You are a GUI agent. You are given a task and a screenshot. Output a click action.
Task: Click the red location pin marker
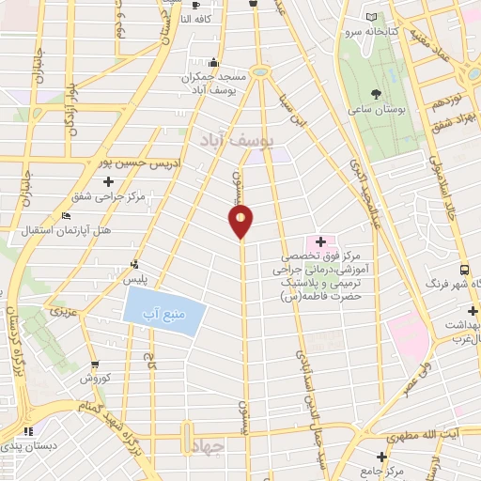coord(240,221)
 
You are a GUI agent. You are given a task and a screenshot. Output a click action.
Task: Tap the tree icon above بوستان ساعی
coord(377,93)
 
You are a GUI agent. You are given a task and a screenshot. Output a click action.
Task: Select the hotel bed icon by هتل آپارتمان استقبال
coord(65,217)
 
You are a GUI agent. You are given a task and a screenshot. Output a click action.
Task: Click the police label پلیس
coord(138,280)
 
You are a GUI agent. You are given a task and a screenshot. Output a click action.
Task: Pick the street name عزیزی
coord(62,308)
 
